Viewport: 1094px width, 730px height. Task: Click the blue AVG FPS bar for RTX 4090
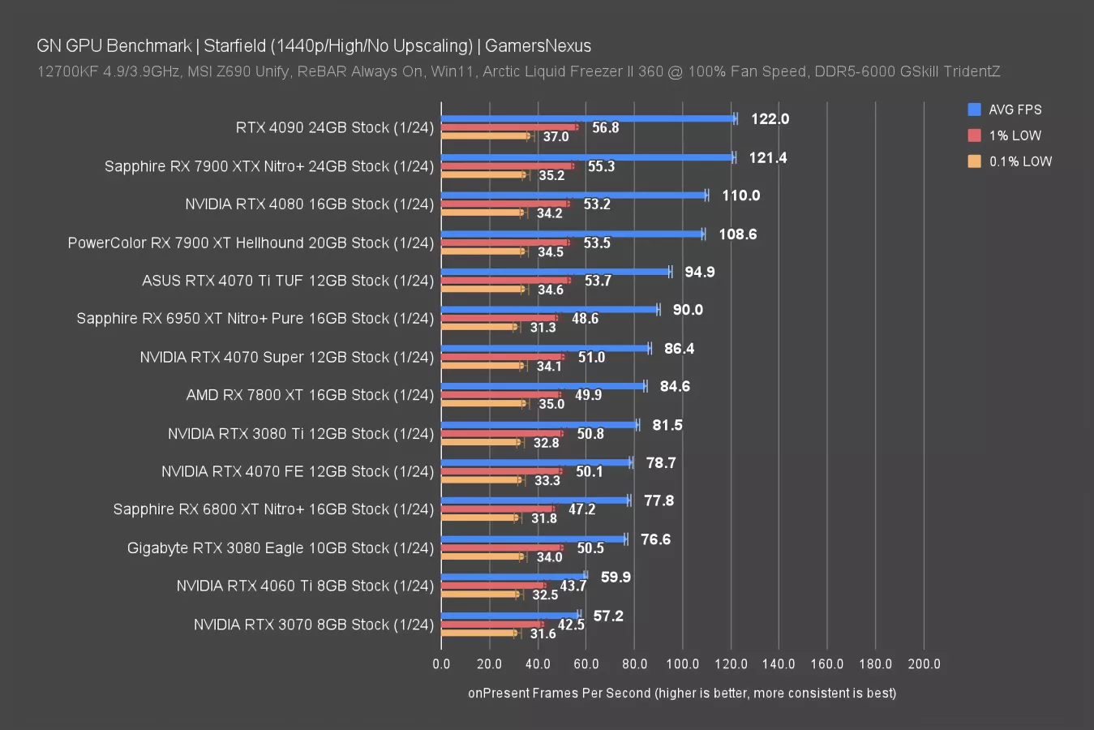(588, 118)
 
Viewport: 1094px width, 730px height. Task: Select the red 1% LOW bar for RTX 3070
(491, 625)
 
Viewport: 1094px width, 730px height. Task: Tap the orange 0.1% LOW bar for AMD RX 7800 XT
(483, 403)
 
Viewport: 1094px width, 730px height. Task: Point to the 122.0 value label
(770, 119)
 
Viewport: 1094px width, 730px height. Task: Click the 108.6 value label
(737, 234)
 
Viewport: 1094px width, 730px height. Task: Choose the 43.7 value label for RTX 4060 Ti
(573, 586)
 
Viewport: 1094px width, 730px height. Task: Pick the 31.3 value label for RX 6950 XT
(543, 328)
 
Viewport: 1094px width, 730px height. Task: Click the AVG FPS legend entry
(1015, 109)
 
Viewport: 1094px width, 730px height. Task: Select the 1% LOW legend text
(1015, 135)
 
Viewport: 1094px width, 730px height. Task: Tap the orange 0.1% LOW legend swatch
(974, 161)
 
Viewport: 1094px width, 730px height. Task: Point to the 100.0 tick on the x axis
(682, 663)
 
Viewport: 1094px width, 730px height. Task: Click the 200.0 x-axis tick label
(924, 663)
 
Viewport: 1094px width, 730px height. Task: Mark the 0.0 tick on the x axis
(441, 663)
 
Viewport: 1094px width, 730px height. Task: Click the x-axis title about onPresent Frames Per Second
(682, 693)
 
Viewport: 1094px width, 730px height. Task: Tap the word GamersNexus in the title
(538, 45)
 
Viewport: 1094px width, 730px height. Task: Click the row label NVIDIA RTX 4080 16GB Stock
(309, 204)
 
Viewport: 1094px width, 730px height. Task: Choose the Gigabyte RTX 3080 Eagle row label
(281, 548)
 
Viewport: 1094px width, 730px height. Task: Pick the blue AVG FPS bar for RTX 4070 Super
(545, 348)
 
